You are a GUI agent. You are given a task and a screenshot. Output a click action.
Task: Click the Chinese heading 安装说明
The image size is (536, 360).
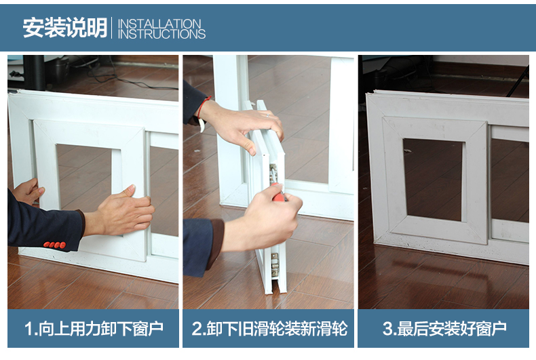[x=65, y=28]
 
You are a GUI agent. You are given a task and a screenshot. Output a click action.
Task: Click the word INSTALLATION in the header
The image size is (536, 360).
[x=159, y=24]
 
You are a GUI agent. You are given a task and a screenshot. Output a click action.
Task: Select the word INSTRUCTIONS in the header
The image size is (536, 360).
[x=161, y=34]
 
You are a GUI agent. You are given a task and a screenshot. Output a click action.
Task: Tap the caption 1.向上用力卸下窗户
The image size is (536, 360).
[x=94, y=329]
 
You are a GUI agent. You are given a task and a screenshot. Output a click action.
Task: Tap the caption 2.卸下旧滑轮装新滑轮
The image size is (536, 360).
[x=269, y=329]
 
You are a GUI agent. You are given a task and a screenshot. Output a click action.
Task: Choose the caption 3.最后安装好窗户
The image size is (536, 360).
[x=444, y=329]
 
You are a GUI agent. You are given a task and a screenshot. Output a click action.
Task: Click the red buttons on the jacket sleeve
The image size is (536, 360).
[x=55, y=245]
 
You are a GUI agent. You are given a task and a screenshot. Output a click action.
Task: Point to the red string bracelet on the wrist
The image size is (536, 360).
[x=203, y=108]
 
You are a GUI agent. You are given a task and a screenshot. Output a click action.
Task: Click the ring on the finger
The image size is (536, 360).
[x=267, y=115]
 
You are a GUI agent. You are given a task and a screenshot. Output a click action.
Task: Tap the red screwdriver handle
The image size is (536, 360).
[x=279, y=193]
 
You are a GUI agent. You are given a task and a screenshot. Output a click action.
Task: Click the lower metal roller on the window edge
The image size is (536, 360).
[x=275, y=264]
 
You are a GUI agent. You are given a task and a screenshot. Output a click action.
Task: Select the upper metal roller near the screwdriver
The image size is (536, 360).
[x=273, y=174]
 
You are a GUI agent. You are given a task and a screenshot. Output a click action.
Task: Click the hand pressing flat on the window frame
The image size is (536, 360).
[x=125, y=210]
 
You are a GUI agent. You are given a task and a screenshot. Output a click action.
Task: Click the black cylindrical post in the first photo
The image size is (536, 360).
[x=34, y=73]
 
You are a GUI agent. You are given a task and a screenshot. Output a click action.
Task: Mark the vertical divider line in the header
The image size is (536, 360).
[x=112, y=28]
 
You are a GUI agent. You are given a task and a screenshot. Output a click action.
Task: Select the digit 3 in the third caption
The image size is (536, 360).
[x=387, y=329]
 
